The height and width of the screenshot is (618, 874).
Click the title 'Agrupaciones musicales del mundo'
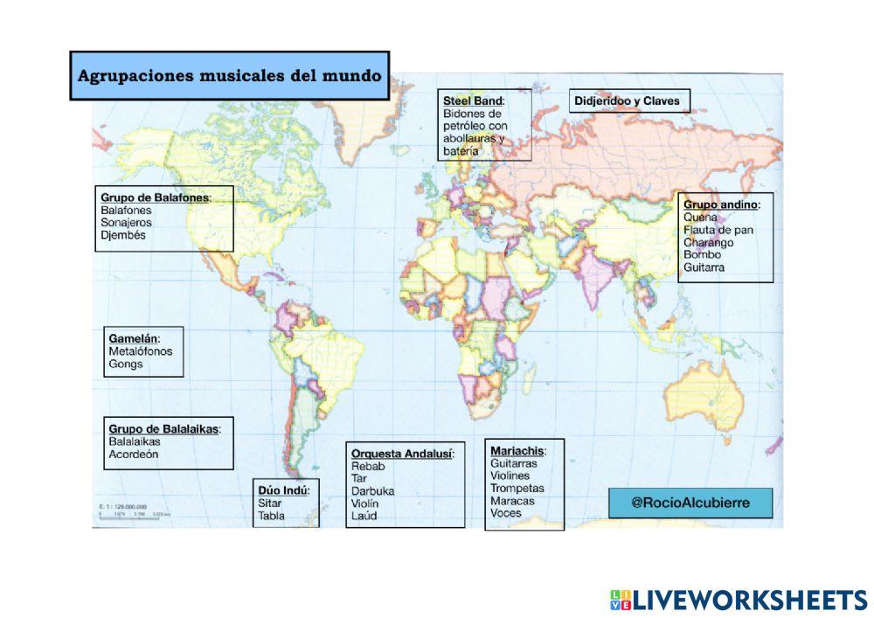(229, 75)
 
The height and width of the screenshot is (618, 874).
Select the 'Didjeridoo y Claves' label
(626, 101)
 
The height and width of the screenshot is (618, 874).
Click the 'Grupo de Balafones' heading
(155, 198)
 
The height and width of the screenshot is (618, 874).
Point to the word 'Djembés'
(122, 235)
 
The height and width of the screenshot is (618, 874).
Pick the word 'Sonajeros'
(126, 223)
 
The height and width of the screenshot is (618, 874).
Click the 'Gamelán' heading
(133, 338)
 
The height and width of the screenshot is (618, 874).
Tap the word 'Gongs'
(125, 364)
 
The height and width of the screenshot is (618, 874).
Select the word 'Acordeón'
(134, 454)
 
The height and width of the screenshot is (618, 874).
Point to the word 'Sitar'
(270, 503)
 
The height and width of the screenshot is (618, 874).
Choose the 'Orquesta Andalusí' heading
(402, 454)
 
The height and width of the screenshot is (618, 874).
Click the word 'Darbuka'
(372, 491)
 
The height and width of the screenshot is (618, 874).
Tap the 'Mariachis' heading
(517, 451)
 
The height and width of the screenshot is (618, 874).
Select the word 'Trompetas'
(517, 488)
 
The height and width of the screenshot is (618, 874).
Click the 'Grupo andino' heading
(721, 205)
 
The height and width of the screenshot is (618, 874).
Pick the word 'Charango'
(709, 242)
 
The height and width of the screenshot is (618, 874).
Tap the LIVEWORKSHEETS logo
(738, 600)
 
